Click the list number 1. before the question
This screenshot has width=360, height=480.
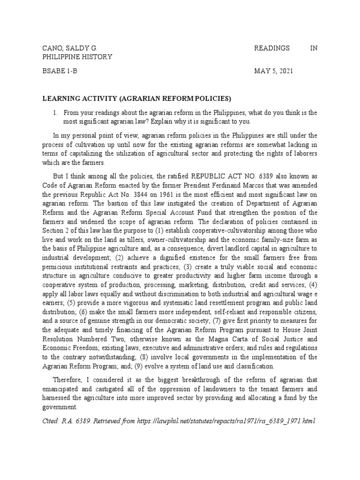(55, 112)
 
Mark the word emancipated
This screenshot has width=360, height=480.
(62, 390)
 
